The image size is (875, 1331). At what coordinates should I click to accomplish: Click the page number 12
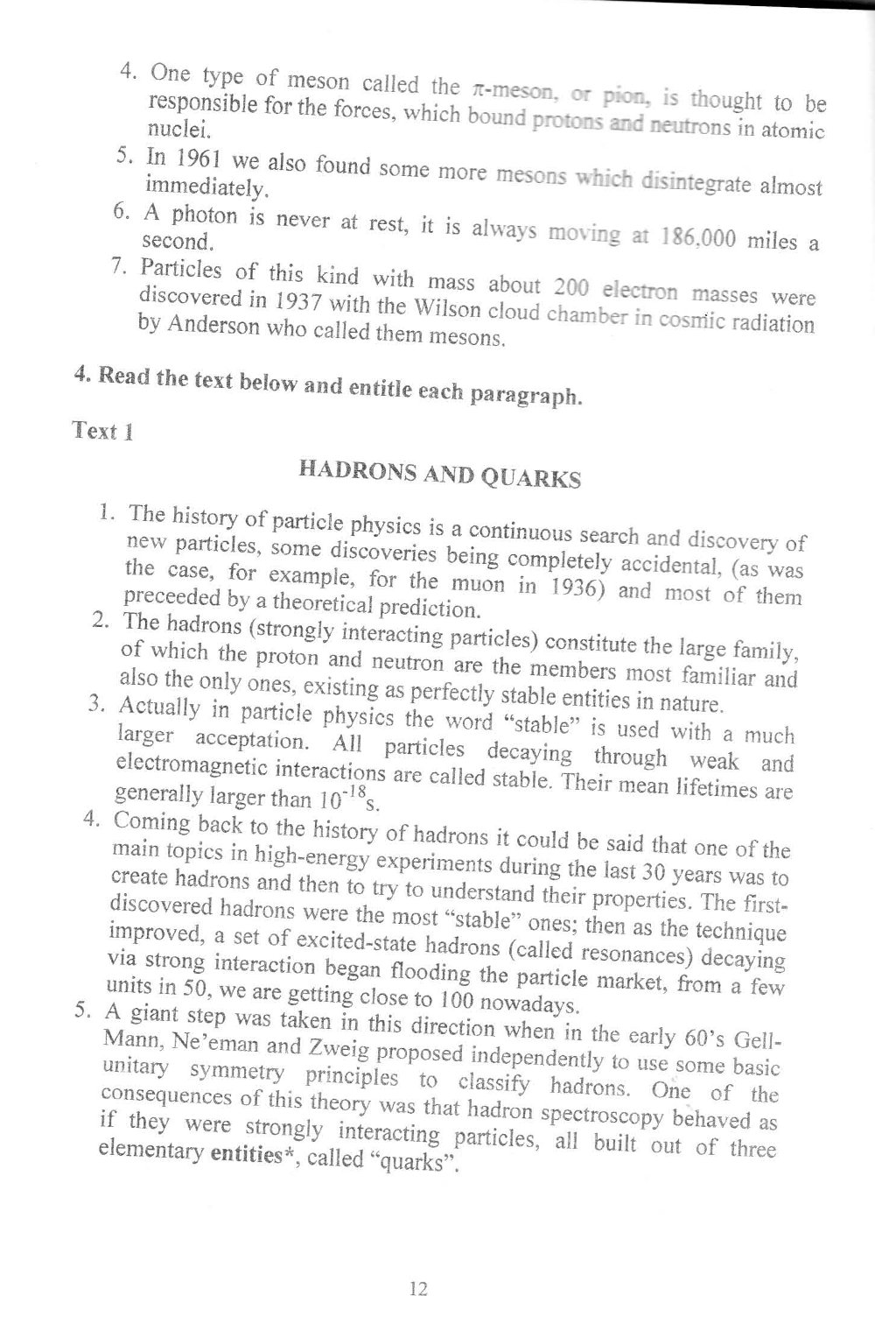[x=417, y=1288]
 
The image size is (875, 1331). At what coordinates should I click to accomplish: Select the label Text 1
[x=102, y=431]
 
